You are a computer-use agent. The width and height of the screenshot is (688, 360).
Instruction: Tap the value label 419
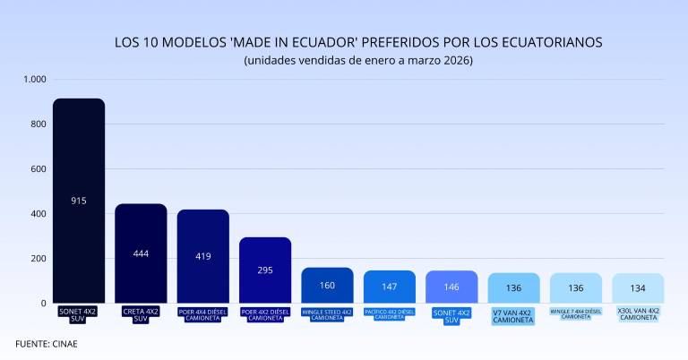click(203, 256)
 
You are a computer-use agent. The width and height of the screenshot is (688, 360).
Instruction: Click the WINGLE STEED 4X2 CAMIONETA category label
click(327, 314)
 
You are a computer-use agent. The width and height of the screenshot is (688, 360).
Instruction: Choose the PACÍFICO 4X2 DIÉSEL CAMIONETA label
click(389, 314)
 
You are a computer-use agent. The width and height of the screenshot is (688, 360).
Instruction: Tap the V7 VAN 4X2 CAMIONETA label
click(513, 316)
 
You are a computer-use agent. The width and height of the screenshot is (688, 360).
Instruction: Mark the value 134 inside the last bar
click(638, 287)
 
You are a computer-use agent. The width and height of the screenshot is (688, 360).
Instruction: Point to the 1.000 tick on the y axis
click(34, 79)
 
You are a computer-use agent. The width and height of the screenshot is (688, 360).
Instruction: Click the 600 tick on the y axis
click(37, 168)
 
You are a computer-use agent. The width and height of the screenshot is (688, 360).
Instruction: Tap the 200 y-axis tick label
click(37, 259)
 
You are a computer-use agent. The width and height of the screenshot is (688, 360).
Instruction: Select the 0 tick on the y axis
click(42, 304)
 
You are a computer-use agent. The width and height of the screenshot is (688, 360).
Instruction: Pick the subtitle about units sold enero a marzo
click(357, 60)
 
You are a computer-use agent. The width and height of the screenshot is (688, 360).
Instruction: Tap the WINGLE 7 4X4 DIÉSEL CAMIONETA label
click(575, 314)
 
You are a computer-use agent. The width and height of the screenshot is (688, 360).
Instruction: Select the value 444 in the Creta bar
click(141, 253)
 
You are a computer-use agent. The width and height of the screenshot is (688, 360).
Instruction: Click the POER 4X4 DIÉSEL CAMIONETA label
click(203, 314)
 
